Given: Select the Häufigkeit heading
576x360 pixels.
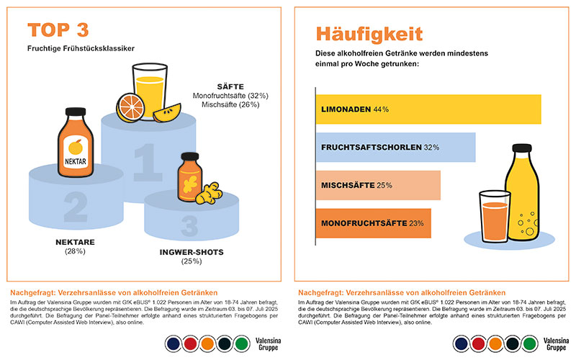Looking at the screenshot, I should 369,34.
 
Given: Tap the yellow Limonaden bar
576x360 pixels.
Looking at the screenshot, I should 428,109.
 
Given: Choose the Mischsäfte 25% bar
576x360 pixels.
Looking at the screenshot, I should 378,185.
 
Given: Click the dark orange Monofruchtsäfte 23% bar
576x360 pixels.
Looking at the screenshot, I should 373,223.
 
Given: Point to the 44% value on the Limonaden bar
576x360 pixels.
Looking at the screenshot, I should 381,109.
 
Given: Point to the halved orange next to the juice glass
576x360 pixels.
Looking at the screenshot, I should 132,107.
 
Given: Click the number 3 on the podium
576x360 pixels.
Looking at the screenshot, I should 189,225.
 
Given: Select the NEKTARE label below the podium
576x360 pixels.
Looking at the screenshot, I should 76,242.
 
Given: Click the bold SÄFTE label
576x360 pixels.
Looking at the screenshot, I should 230,86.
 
